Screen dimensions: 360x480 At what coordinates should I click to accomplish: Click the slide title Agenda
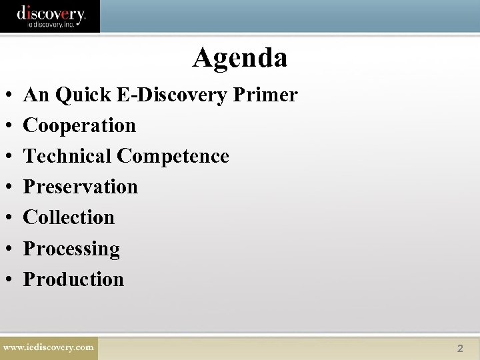point(240,58)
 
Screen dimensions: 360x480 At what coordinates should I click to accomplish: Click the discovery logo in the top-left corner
point(51,15)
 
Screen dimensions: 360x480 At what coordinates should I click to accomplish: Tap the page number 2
point(460,348)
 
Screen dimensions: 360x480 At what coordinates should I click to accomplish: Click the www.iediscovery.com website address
point(49,347)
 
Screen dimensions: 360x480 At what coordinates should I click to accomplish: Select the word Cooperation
point(79,125)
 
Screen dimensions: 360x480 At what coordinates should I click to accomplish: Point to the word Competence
point(173,156)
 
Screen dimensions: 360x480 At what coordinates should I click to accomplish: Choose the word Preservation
point(80,187)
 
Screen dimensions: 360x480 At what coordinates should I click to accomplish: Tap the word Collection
point(69,217)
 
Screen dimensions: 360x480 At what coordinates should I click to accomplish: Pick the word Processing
point(71,249)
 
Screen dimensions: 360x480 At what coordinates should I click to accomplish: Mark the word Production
point(73,279)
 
